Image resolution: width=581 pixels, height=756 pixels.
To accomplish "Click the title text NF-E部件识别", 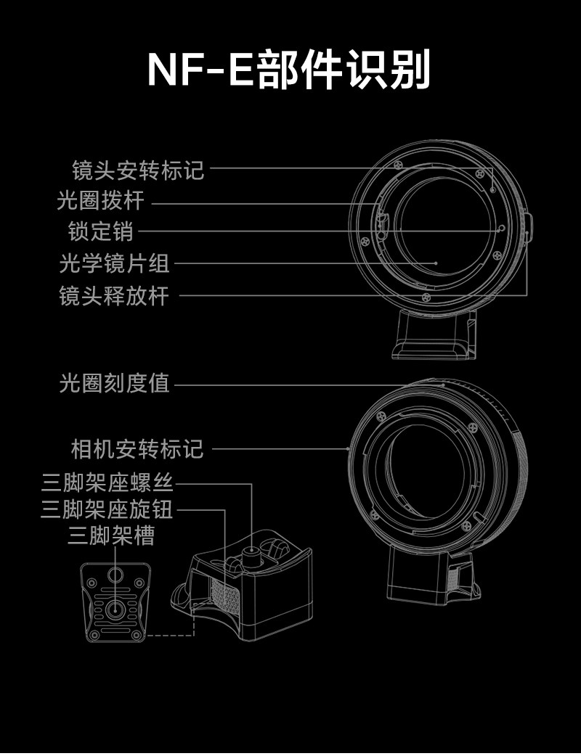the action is pyautogui.click(x=290, y=70).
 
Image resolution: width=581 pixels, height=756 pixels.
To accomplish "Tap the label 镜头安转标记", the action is pyautogui.click(x=138, y=170).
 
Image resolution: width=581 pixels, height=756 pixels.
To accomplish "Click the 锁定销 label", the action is pyautogui.click(x=101, y=231).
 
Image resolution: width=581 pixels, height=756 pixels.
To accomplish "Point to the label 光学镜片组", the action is pyautogui.click(x=114, y=263).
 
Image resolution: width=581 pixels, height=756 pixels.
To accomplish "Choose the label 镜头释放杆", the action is pyautogui.click(x=114, y=295).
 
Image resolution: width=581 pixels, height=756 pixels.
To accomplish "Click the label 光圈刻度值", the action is pyautogui.click(x=114, y=384).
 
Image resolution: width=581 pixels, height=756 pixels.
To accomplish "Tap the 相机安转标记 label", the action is pyautogui.click(x=137, y=449).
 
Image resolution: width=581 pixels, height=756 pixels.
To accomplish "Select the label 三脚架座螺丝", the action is pyautogui.click(x=107, y=482).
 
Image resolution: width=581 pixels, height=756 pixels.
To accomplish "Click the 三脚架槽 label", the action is pyautogui.click(x=110, y=537).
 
